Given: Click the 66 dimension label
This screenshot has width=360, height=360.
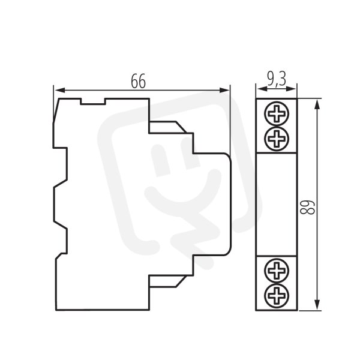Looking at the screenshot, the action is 138,81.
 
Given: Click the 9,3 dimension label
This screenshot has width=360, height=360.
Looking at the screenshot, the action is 277,79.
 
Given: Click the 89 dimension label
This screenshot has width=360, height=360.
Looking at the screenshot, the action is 308,208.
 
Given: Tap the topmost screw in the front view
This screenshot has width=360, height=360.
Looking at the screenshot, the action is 277,113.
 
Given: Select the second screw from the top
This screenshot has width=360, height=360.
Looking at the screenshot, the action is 277,139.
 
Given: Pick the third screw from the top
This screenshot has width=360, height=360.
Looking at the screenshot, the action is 277,271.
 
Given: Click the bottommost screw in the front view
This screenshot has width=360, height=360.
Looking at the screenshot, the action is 277,295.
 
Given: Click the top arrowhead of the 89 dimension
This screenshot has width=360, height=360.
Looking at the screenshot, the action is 317,106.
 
